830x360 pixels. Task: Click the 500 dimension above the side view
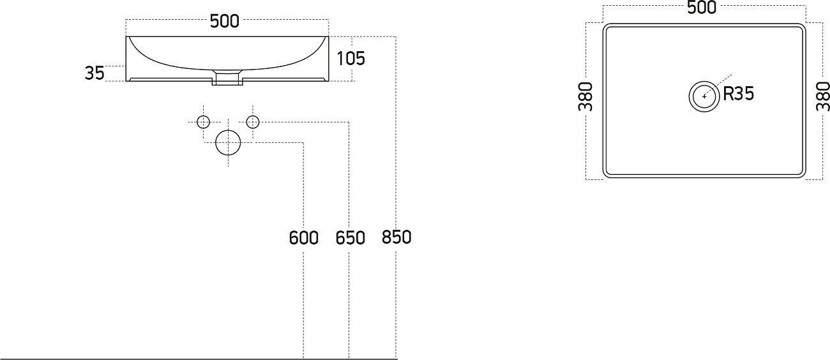(x=225, y=21)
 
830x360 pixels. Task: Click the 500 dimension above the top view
(x=702, y=8)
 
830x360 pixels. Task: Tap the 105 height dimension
(x=351, y=59)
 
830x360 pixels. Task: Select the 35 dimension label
(x=94, y=73)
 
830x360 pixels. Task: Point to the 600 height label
(x=303, y=238)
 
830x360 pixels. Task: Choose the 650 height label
(x=350, y=238)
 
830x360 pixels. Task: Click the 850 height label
(x=396, y=237)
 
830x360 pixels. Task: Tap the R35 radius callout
(x=739, y=94)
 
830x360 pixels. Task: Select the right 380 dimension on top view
(x=822, y=96)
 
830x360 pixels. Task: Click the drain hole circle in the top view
(x=704, y=96)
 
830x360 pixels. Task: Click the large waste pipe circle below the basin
(x=228, y=142)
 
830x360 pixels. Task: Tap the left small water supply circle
(x=203, y=122)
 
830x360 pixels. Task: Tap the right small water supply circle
(x=253, y=122)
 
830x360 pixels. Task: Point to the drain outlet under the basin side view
(x=227, y=79)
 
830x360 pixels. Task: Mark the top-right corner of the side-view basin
(x=329, y=36)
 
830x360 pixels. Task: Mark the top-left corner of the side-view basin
(x=126, y=36)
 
